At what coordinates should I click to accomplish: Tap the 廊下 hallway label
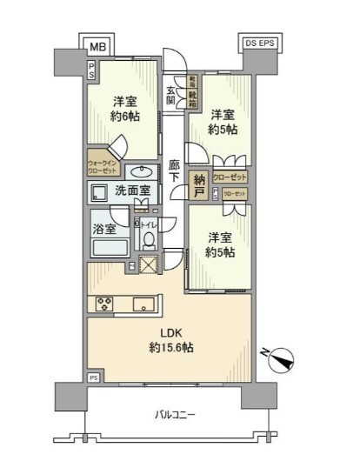[x=175, y=170]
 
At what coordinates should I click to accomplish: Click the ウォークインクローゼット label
[x=103, y=167]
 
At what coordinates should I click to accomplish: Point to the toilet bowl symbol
[x=149, y=239]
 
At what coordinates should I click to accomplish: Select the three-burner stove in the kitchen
[x=105, y=304]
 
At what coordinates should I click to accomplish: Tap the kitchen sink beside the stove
[x=144, y=304]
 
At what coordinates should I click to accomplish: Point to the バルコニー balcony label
[x=173, y=415]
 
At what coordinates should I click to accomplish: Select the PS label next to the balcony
[x=92, y=377]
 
